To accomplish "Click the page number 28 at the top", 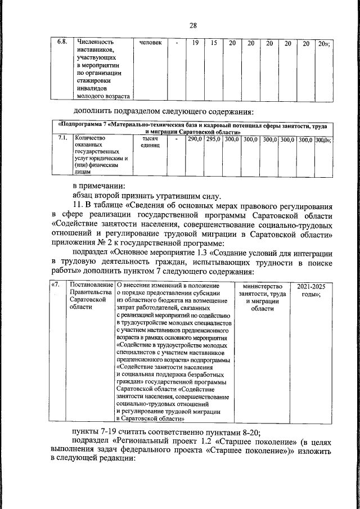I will coord(193,26).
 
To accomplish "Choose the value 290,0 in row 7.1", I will coord(195,138).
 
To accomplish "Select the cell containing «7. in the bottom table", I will coord(56,286).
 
